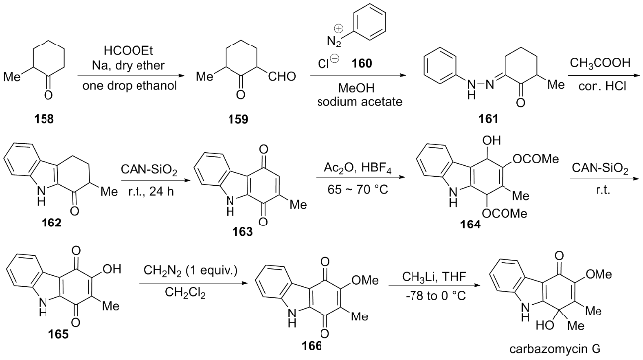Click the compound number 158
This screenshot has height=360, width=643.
point(45,119)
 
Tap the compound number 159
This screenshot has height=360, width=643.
point(238,119)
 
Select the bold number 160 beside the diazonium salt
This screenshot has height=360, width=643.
point(362,63)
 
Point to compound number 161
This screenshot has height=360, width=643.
point(488,119)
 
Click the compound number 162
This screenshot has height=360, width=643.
point(51,223)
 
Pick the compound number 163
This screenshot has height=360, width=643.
point(243,232)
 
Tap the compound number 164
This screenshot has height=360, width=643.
point(470,225)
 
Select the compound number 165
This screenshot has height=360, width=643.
point(58,334)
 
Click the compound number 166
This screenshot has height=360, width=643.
point(312,346)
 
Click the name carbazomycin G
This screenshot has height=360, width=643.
point(555,349)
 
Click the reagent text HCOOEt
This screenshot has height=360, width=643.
point(129,51)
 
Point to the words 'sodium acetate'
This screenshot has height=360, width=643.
point(359,101)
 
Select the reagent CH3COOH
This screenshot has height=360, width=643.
point(599,63)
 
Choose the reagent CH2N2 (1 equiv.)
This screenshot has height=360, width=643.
point(191,271)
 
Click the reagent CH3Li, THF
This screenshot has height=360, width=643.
point(434,277)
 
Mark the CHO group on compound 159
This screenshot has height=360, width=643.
point(282,77)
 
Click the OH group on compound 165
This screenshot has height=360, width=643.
point(112,269)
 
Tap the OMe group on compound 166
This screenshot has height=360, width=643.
point(365,280)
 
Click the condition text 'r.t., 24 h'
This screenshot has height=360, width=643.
point(147,191)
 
